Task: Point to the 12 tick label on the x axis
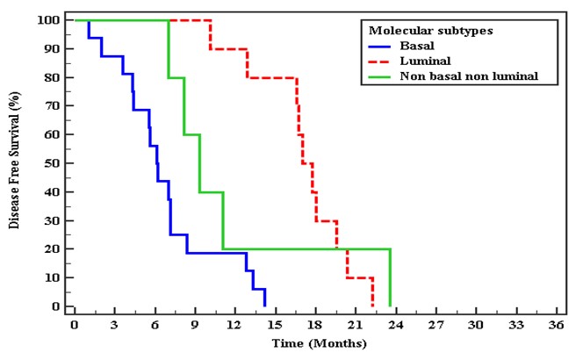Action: click(x=235, y=324)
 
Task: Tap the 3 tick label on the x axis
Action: click(x=115, y=324)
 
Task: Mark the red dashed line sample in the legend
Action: click(x=379, y=61)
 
